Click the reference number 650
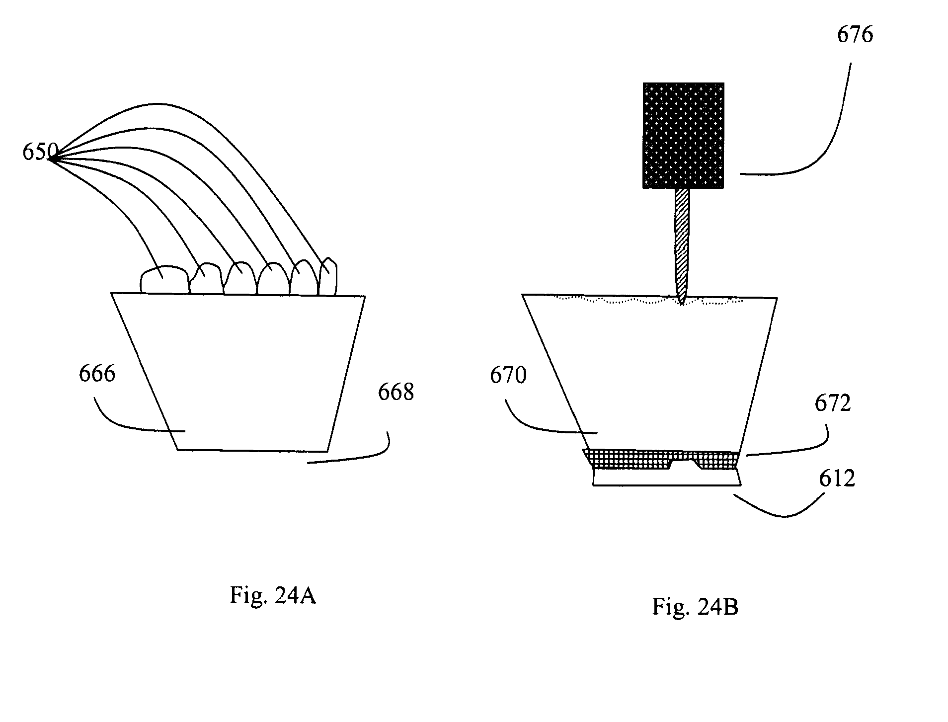click(40, 152)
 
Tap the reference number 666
click(97, 373)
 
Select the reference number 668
click(396, 392)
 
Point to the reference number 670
click(508, 375)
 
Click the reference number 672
click(833, 403)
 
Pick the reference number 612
click(837, 478)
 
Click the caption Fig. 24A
click(273, 595)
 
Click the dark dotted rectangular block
click(683, 136)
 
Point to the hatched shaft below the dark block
click(682, 243)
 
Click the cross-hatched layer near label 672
click(660, 459)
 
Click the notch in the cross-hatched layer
click(685, 464)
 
